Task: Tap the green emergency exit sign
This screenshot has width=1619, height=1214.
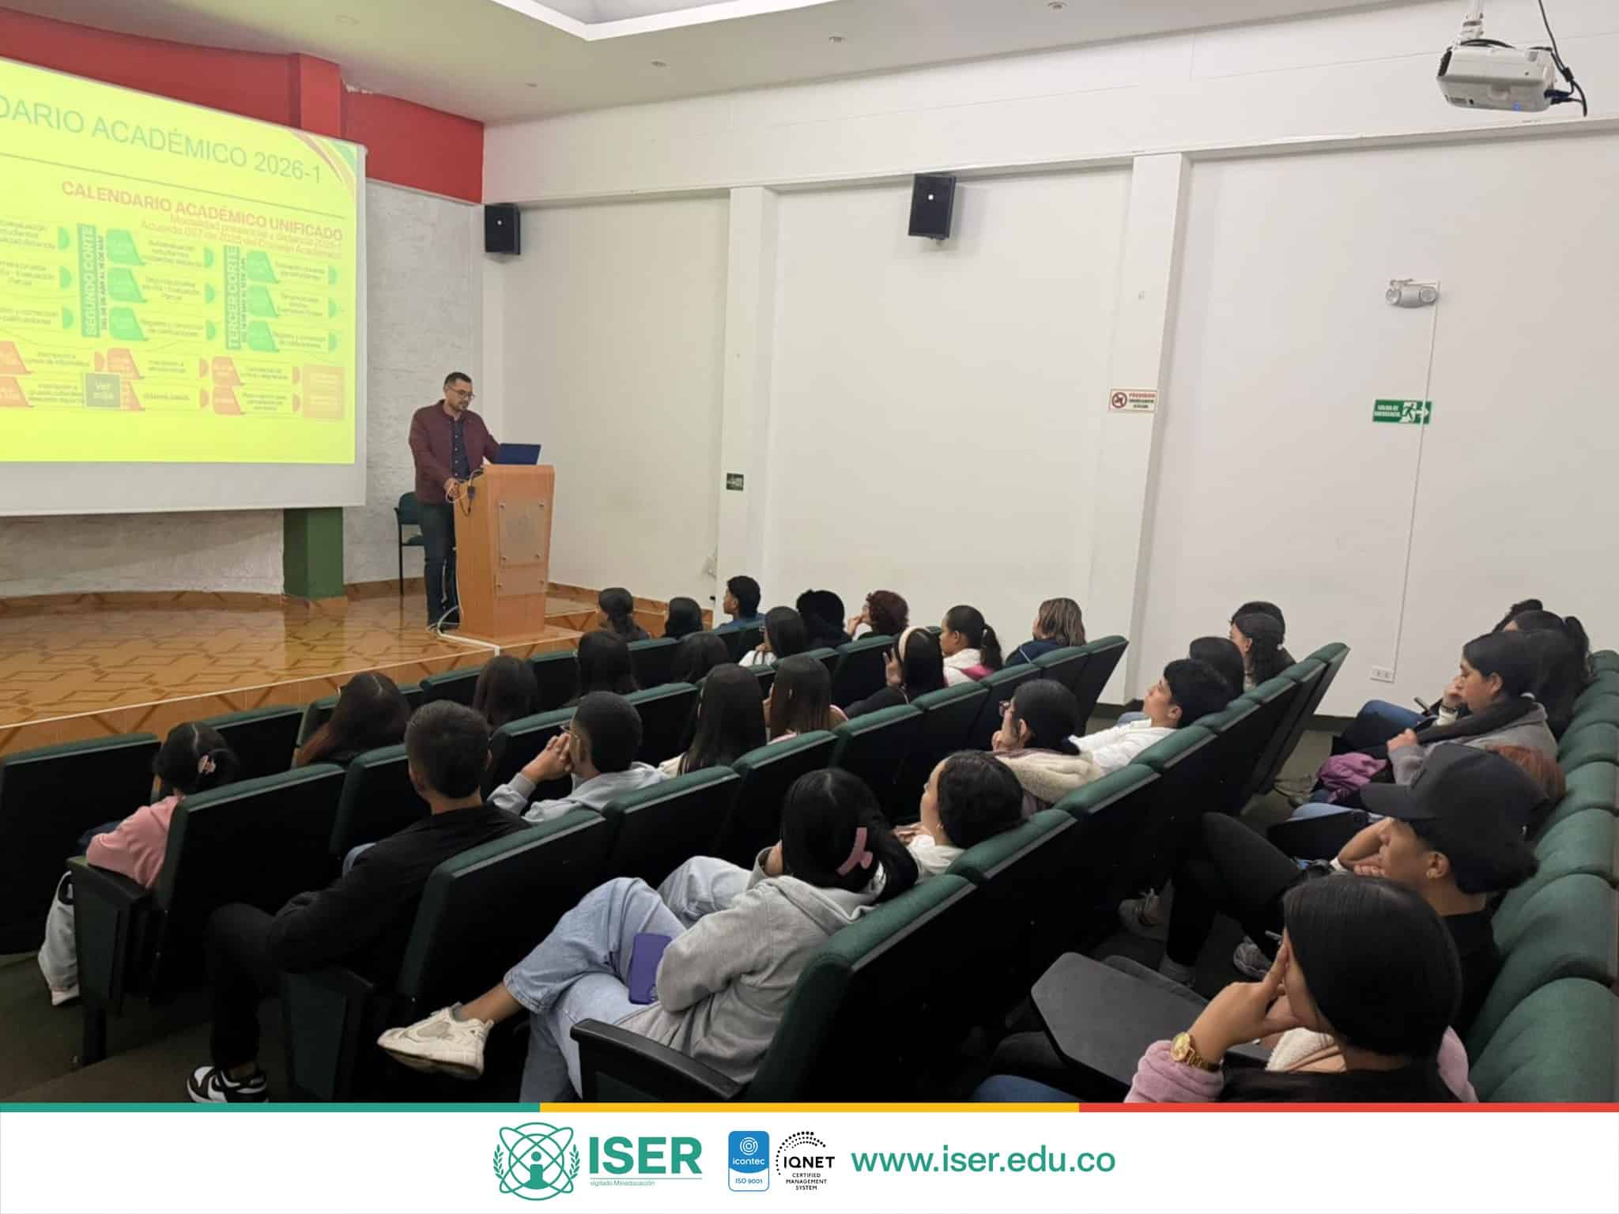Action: [1402, 412]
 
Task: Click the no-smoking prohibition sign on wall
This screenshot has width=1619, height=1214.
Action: [1132, 399]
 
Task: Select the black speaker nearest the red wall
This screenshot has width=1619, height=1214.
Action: [502, 228]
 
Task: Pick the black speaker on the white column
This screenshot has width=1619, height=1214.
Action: [931, 205]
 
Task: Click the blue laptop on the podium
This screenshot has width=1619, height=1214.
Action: [517, 454]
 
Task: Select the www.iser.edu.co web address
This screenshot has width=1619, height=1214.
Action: [983, 1159]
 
